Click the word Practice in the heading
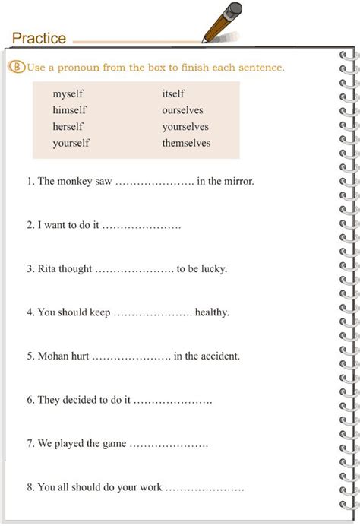point(39,38)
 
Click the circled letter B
point(17,68)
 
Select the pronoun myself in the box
point(68,94)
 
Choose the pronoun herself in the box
point(68,127)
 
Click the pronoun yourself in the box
point(71,143)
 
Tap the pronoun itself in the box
point(173,94)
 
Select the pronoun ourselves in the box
point(182,110)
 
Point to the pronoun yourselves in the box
point(185,127)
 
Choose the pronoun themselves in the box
point(186,143)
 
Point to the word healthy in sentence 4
point(212,312)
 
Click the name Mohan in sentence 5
point(53,356)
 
